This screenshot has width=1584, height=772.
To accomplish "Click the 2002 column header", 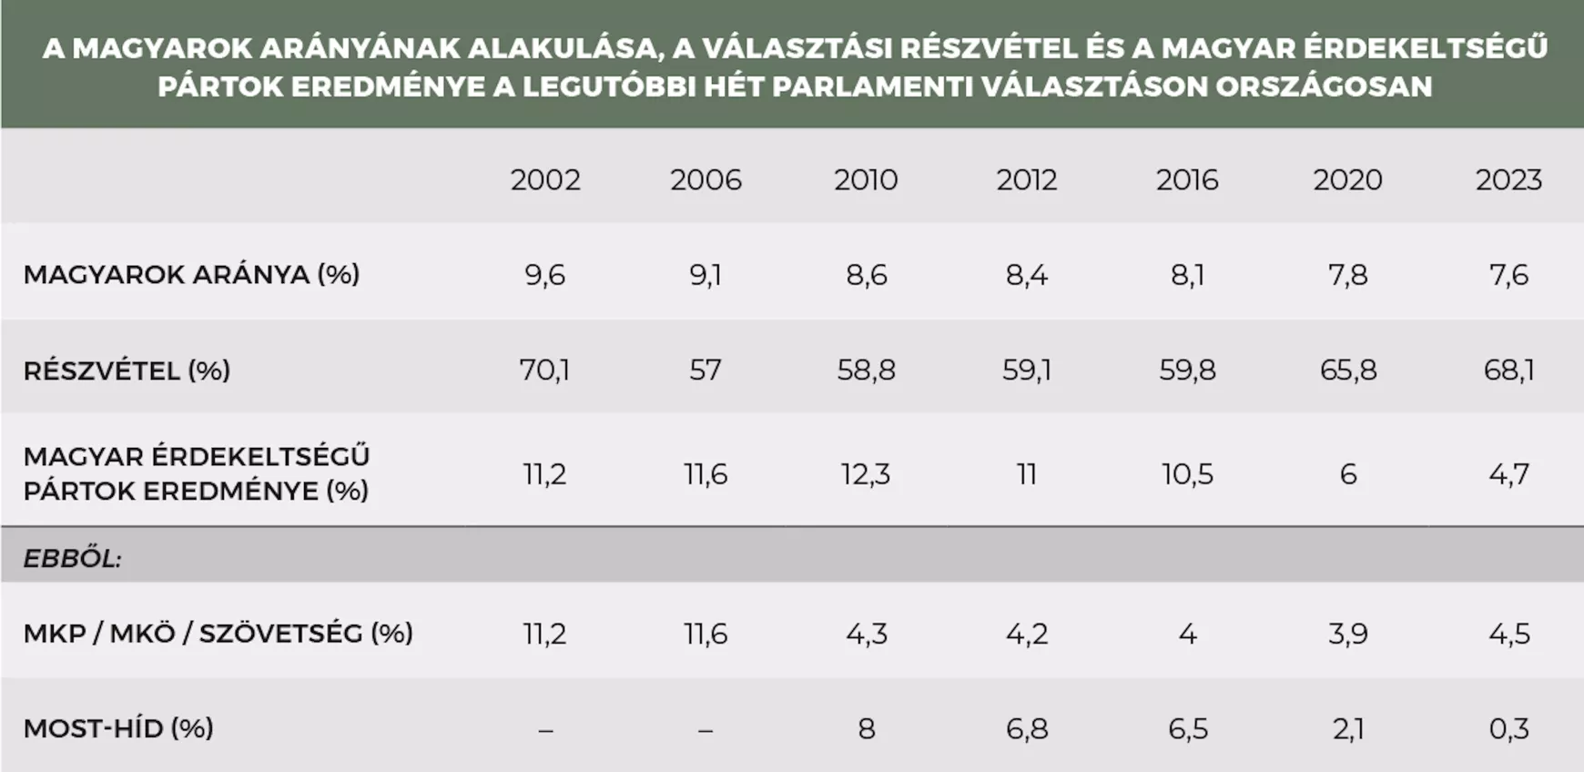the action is tap(545, 179).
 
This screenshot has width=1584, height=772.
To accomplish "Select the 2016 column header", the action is tap(1187, 179).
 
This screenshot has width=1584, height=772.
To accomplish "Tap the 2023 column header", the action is tap(1508, 179).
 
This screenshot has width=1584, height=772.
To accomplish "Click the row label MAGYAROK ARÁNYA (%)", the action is tap(191, 274).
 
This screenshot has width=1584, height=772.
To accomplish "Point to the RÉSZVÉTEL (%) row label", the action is tap(127, 371).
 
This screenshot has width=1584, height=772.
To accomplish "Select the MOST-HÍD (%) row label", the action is tap(118, 728).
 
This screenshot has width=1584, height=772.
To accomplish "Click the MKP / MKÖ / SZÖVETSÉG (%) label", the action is tap(218, 633).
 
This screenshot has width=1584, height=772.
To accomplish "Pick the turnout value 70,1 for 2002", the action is tap(544, 371).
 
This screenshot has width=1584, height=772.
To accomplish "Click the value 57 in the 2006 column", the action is tap(706, 371).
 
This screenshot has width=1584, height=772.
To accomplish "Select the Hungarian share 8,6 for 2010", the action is tap(866, 275).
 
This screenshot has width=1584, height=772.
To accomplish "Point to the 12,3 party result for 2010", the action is tap(866, 474).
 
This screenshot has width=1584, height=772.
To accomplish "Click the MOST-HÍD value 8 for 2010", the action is tap(866, 728).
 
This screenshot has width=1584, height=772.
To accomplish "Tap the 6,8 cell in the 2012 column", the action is tap(1027, 728).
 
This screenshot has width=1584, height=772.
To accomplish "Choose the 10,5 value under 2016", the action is tap(1187, 474).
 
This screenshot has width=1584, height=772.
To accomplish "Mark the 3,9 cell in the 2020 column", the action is tap(1348, 634).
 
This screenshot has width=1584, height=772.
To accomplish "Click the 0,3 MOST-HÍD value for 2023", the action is tap(1508, 728).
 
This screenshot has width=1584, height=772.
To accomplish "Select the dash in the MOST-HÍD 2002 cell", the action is tap(545, 730).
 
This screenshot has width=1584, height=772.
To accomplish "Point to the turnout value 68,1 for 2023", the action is tap(1508, 371).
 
